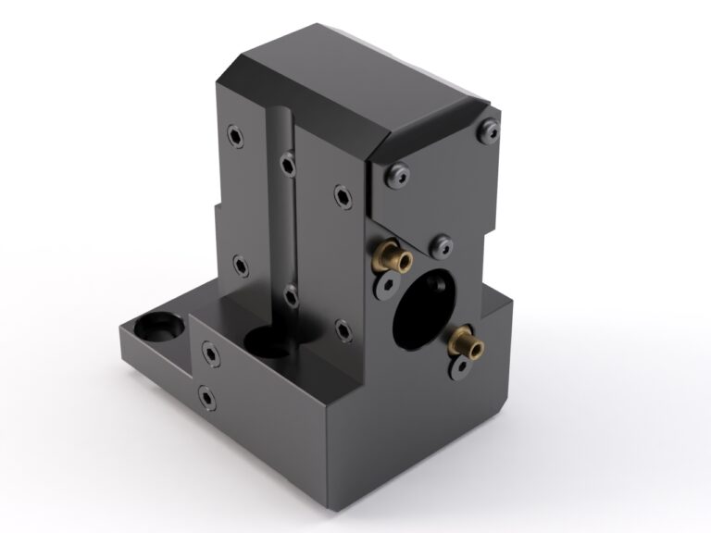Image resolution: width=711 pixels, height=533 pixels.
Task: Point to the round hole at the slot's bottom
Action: tap(268, 344)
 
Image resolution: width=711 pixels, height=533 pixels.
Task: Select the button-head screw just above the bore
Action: tap(442, 246)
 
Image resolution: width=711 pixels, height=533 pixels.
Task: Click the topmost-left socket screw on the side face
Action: tap(237, 138)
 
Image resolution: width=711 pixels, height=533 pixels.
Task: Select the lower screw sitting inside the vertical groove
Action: tap(291, 297)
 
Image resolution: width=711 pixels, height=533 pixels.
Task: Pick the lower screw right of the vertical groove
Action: tap(342, 328)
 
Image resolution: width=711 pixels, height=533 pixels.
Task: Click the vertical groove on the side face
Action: tap(282, 231)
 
